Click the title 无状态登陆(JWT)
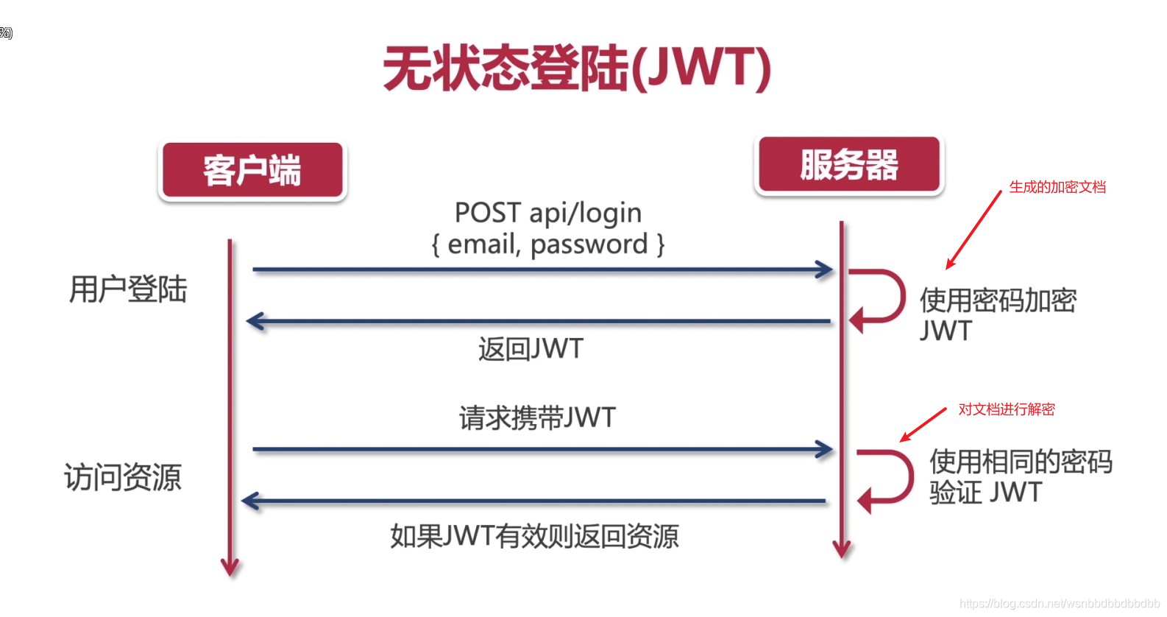pyautogui.click(x=577, y=68)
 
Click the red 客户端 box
pyautogui.click(x=252, y=171)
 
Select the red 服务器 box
pyautogui.click(x=849, y=164)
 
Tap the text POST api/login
pyautogui.click(x=548, y=213)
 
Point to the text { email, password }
pyautogui.click(x=548, y=244)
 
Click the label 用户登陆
pyautogui.click(x=128, y=289)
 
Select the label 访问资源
pyautogui.click(x=123, y=477)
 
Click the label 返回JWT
pyautogui.click(x=531, y=349)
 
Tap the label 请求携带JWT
pyautogui.click(x=537, y=418)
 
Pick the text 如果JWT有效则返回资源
pyautogui.click(x=534, y=536)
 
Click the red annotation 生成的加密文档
pyautogui.click(x=1057, y=187)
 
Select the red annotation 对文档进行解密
pyautogui.click(x=1006, y=409)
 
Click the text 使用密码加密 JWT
pyautogui.click(x=997, y=315)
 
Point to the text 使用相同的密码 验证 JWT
pyautogui.click(x=1020, y=476)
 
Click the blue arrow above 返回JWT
pyautogui.click(x=539, y=322)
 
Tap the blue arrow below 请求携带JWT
pyautogui.click(x=542, y=449)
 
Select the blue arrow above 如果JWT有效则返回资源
pyautogui.click(x=534, y=501)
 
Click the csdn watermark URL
pyautogui.click(x=1059, y=604)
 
